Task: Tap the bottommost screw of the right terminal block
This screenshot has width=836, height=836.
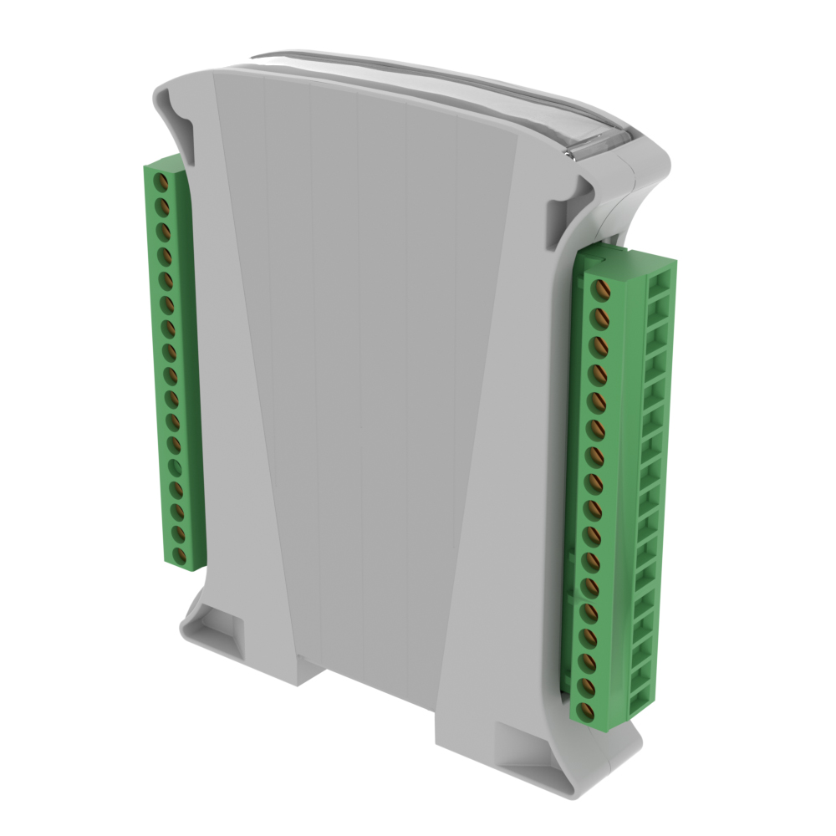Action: pyautogui.click(x=587, y=711)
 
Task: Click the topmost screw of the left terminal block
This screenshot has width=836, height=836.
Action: pyautogui.click(x=165, y=181)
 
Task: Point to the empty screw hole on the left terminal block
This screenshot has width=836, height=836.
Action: pyautogui.click(x=176, y=466)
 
